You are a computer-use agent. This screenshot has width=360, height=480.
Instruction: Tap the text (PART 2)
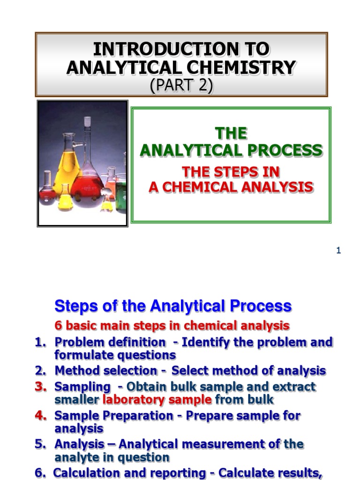pos(181,86)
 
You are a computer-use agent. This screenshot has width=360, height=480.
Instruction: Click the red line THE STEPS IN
pos(231,172)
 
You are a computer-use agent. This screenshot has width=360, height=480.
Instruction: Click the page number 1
pos(338,251)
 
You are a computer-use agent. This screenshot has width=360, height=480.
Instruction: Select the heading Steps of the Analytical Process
pos(173,306)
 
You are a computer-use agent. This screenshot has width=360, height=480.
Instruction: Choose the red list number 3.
pos(41,387)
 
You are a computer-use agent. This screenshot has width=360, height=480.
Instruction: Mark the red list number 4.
pos(41,415)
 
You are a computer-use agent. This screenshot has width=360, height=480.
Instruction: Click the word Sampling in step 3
pos(82,387)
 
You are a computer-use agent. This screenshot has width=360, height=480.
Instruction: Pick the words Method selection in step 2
pos(106,371)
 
